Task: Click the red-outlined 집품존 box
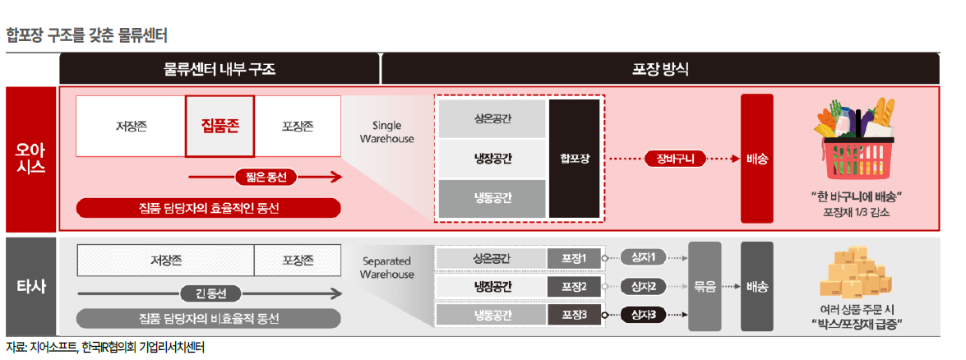[220, 126]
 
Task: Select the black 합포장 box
[574, 158]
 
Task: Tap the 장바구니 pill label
[676, 158]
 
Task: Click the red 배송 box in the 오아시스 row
[756, 158]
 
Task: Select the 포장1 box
[574, 259]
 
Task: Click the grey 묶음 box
[705, 286]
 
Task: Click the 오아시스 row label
[31, 158]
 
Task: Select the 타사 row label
[31, 286]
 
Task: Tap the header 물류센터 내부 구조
[220, 69]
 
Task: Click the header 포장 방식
[660, 69]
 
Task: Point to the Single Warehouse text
[387, 132]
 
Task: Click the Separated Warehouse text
[386, 267]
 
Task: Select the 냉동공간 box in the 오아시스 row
[492, 197]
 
